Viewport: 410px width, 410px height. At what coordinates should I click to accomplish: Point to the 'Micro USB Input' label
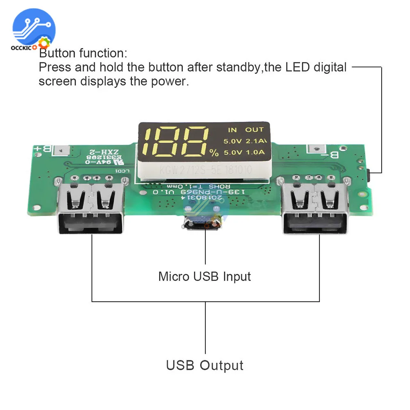205,276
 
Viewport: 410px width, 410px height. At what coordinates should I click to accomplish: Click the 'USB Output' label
205,365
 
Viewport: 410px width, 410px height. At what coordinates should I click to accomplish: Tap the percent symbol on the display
214,153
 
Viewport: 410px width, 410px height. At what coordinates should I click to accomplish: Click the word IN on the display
232,130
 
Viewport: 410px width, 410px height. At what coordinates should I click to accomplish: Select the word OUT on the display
254,130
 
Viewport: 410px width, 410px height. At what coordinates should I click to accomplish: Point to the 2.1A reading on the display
255,141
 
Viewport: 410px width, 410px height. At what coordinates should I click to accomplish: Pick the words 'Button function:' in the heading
83,53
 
